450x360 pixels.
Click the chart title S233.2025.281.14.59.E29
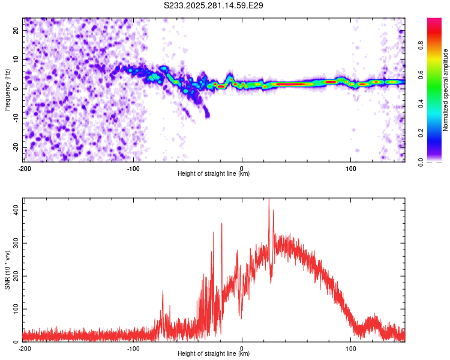213,5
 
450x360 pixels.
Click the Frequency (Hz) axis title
7,90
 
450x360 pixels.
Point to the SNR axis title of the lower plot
7,270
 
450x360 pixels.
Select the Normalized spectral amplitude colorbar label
445,90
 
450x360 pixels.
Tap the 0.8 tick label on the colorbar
421,46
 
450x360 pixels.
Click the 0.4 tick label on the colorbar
421,104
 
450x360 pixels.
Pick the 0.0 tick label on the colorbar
421,162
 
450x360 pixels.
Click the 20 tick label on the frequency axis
16,30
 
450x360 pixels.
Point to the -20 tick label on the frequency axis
16,147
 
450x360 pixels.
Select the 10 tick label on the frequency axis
16,59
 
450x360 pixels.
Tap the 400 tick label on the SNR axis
16,210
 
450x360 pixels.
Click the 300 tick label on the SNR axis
16,243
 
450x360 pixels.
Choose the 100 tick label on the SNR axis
16,309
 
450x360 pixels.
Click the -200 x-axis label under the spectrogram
25,169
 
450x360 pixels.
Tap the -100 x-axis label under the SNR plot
133,349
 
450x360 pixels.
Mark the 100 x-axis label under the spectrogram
350,169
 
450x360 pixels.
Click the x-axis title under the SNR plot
214,353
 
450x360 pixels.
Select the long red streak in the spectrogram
291,84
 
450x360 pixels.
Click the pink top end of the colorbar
434,20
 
